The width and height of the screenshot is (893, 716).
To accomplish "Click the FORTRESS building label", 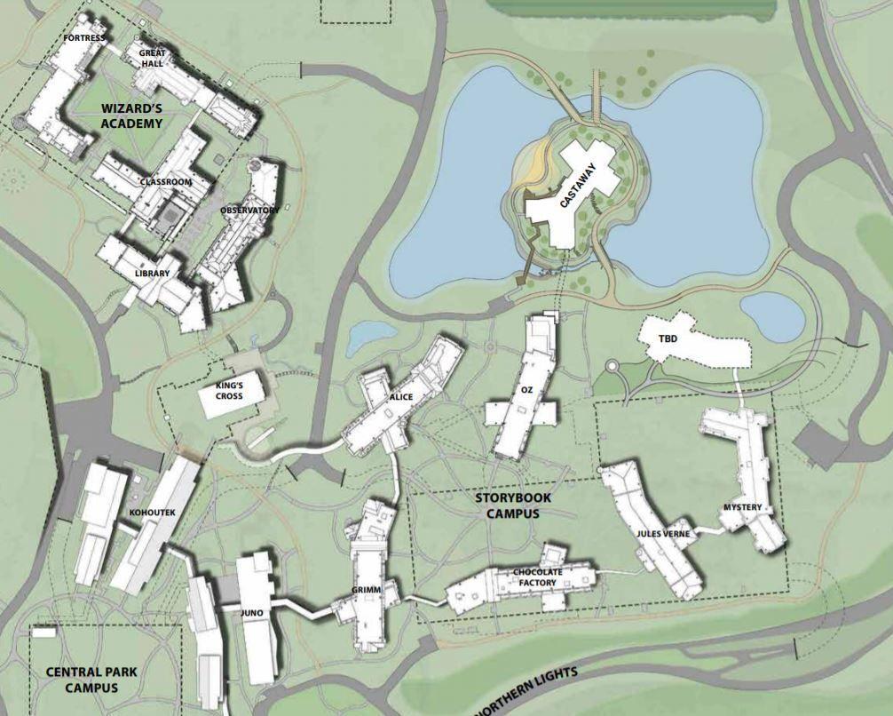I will [85, 38].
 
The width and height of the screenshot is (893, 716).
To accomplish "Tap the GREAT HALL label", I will [153, 59].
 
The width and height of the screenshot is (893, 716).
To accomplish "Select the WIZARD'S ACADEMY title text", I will [130, 116].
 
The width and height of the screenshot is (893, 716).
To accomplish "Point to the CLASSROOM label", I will [166, 182].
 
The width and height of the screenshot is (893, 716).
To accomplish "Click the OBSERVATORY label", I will [250, 211].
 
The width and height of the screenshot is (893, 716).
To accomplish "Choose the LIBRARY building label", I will [152, 274].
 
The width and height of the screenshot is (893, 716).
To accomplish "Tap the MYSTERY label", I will [742, 508].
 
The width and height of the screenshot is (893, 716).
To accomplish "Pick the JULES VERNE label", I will [662, 534].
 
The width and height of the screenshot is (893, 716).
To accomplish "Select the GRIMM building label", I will [366, 564].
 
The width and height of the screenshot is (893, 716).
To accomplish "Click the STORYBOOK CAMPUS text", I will [507, 506].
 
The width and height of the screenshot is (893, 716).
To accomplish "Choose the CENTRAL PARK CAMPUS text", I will [81, 680].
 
